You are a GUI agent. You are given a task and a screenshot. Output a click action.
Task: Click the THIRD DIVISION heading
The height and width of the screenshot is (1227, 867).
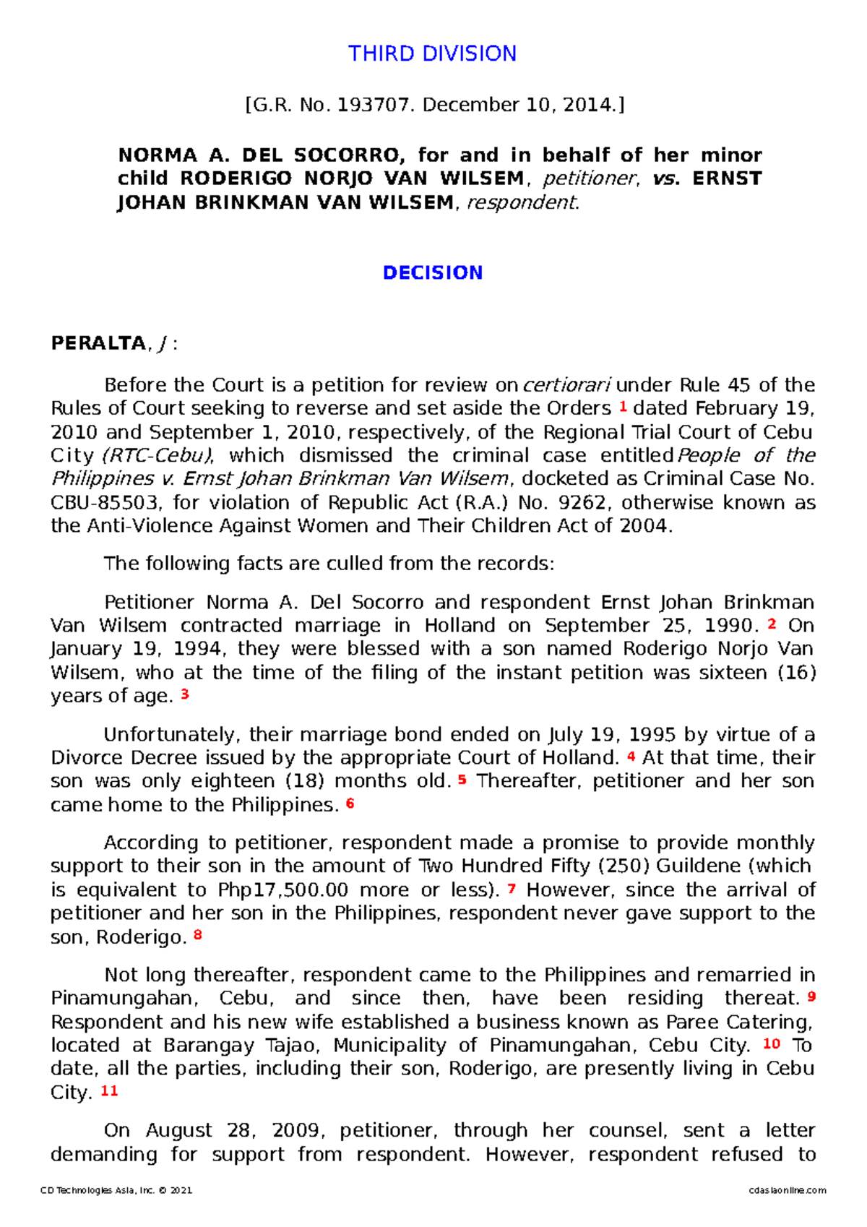point(432,54)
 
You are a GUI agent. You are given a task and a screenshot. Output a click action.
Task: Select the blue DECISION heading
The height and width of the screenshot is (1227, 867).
point(432,273)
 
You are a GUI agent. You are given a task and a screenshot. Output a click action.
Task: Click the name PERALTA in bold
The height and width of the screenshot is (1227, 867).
point(98,343)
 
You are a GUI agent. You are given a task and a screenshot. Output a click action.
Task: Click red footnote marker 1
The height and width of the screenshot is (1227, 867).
point(622,407)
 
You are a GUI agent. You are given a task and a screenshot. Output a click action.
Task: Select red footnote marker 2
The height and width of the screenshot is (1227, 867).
point(772,624)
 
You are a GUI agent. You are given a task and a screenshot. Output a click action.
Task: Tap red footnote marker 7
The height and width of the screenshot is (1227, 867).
point(512,888)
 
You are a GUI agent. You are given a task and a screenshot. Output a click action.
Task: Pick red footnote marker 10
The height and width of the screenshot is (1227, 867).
point(772,1043)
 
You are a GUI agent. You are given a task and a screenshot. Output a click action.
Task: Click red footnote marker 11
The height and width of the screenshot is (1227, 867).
point(109,1090)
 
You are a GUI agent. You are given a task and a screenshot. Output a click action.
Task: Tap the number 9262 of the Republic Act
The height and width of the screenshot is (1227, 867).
point(584,503)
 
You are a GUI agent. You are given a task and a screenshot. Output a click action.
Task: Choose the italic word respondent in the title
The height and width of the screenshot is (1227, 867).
point(522,203)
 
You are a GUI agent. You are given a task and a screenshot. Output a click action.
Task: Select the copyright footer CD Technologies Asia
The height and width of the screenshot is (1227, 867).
point(116,1191)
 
